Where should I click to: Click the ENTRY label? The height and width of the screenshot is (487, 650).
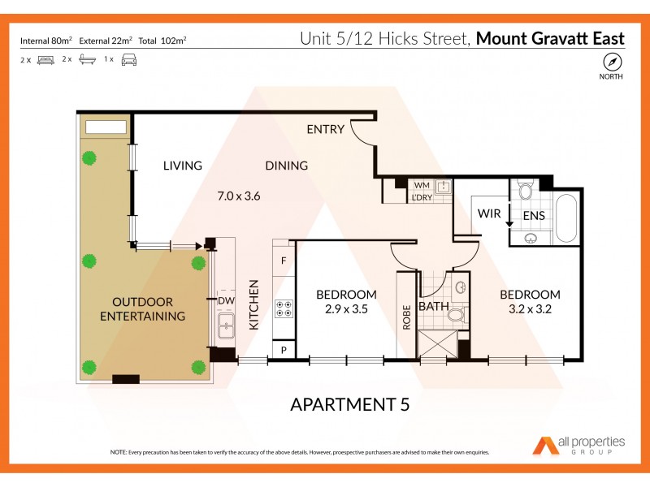pos(325,130)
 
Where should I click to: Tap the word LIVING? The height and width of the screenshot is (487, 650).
pos(182,166)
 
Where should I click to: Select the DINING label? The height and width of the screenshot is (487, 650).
pos(286,166)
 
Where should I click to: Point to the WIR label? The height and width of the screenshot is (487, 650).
pos(489,214)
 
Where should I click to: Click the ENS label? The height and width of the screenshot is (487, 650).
pos(533,215)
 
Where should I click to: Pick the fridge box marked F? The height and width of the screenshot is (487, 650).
pos(284,261)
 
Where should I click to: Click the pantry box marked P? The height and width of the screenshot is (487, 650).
pos(284,349)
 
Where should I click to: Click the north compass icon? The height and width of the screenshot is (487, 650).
pos(611,62)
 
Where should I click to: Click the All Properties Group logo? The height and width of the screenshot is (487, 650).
pos(578,445)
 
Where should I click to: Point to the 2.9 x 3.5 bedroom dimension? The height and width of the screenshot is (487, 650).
pos(346,308)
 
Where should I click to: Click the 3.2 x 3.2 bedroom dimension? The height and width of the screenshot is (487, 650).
pos(530,308)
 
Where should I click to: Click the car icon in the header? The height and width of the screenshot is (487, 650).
pos(128,60)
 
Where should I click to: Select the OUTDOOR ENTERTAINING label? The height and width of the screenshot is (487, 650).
pos(143,308)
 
